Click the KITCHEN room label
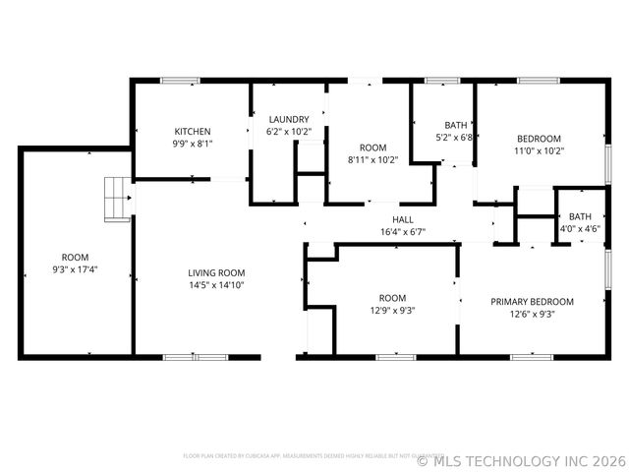coord(193,131)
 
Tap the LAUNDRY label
coord(289,119)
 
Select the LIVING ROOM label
coord(216,273)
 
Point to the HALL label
coord(403,219)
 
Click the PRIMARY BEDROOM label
coord(532,302)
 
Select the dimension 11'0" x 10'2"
coord(539,151)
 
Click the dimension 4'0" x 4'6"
coord(580,229)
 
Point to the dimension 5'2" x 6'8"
coord(456,138)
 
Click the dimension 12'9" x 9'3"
coord(392,311)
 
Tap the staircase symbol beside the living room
coord(116,200)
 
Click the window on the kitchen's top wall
coord(180,81)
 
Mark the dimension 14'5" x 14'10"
coord(216,285)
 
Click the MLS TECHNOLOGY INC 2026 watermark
coord(521,459)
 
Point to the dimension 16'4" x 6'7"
coord(403,232)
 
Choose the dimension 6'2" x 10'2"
coord(289,132)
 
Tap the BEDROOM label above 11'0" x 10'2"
coord(539,139)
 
